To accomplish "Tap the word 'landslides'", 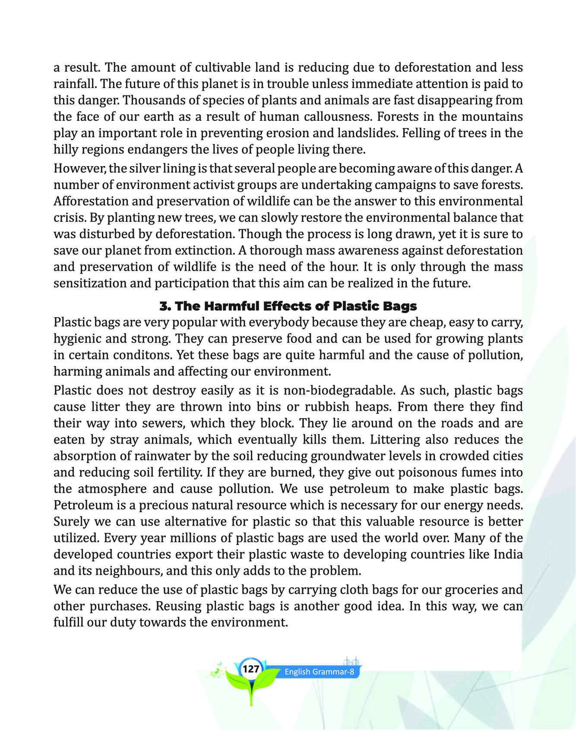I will click(x=361, y=133).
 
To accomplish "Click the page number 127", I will click(x=251, y=669).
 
